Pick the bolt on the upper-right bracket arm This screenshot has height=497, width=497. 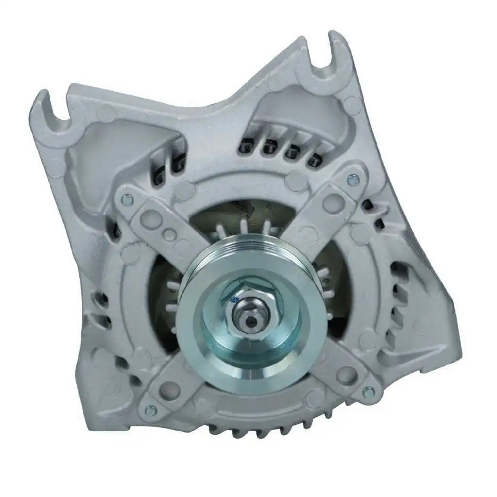353,181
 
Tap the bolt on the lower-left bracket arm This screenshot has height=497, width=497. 150,410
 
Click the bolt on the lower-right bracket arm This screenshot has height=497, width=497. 368,391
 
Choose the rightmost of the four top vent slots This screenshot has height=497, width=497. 316,159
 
